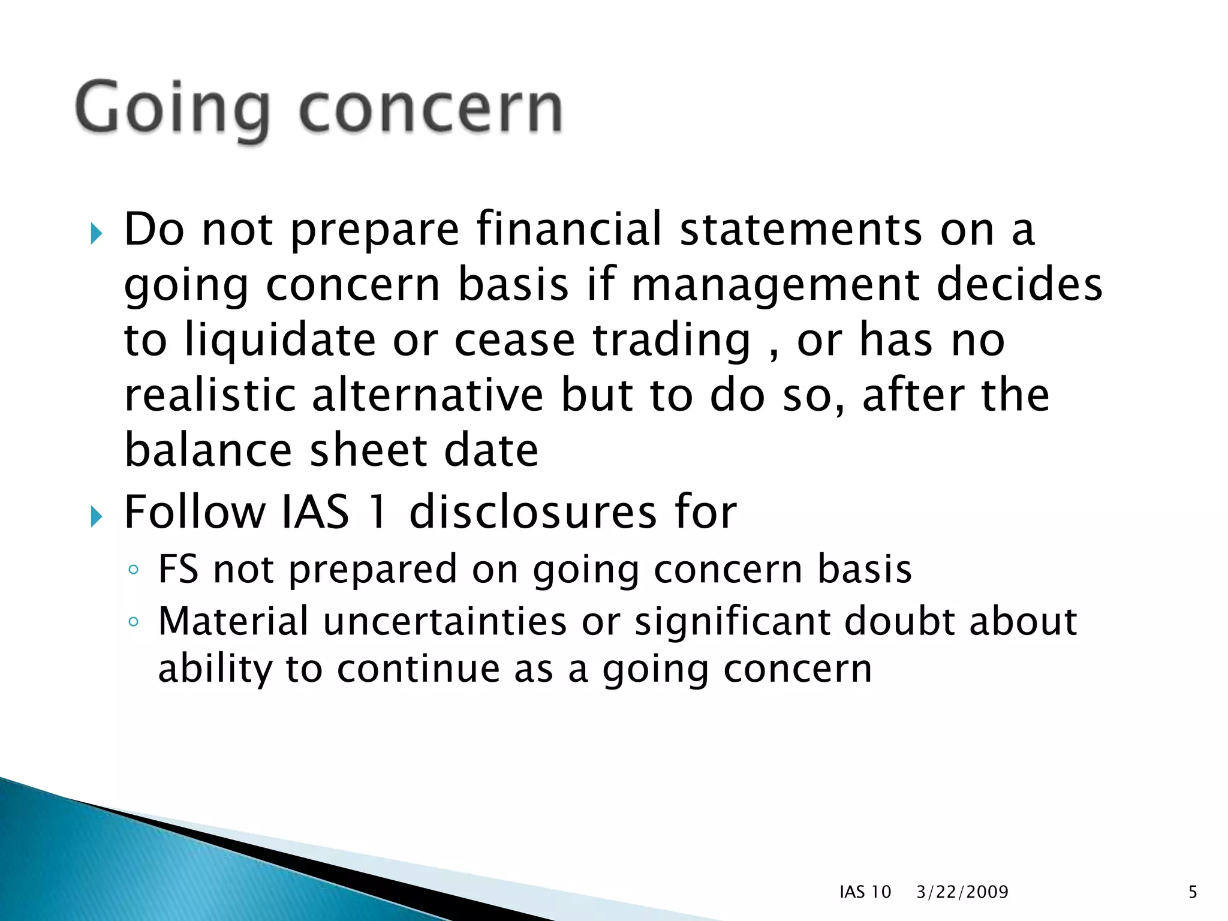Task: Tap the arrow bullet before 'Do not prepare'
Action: pos(96,233)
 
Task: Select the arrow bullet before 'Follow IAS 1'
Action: pos(96,516)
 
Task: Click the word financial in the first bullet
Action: pos(568,230)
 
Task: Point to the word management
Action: pos(775,285)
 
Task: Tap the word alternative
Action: pos(428,396)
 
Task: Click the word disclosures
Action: pos(533,513)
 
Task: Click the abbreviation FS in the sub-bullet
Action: pos(177,569)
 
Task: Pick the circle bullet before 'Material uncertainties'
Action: pos(133,622)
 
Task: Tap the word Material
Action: pos(233,621)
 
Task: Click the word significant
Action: pos(732,621)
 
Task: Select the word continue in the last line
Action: pos(418,669)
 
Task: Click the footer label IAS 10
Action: pos(865,892)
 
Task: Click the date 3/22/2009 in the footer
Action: pos(962,892)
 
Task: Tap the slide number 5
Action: pos(1193,892)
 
